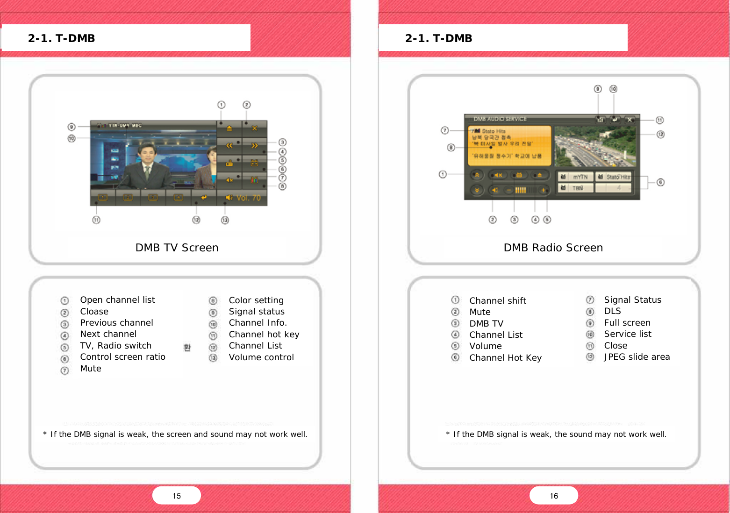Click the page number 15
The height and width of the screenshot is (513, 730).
tap(177, 496)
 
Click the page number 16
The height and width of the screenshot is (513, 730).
tap(554, 496)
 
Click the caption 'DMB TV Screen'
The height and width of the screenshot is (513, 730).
tap(177, 248)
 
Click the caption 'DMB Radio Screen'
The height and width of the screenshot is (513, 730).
tap(553, 248)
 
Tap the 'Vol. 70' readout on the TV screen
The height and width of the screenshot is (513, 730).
tap(248, 198)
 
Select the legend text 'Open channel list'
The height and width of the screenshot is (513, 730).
tap(117, 300)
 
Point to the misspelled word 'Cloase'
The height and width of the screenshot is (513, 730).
tap(94, 312)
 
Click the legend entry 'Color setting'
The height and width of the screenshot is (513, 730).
tap(256, 300)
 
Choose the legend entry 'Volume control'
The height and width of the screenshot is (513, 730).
tap(261, 357)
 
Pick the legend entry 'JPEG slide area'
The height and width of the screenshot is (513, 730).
tap(637, 357)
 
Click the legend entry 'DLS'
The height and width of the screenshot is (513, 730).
tap(612, 311)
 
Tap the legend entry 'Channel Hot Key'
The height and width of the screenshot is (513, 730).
tap(505, 358)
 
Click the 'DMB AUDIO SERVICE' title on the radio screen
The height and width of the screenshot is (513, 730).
tap(500, 119)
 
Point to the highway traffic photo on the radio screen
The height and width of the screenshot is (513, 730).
tap(595, 146)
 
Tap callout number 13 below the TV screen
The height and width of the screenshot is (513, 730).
tap(225, 220)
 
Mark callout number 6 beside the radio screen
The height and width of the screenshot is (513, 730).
tap(660, 182)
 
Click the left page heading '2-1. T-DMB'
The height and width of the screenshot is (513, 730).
tap(61, 38)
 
